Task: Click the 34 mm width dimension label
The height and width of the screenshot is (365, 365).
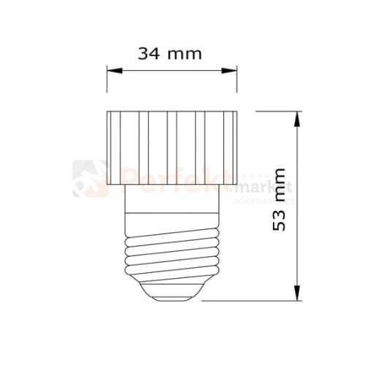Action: [x=169, y=53]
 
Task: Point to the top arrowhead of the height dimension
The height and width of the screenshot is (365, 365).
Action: [x=297, y=118]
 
